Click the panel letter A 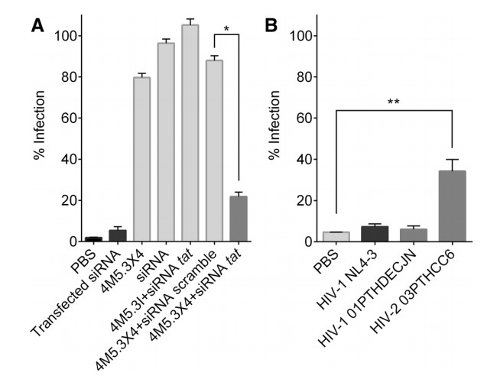click(37, 26)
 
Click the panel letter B click(270, 26)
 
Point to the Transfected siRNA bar click(118, 235)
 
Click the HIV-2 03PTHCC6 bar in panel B click(453, 206)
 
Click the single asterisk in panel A click(226, 30)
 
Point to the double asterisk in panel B click(393, 101)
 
